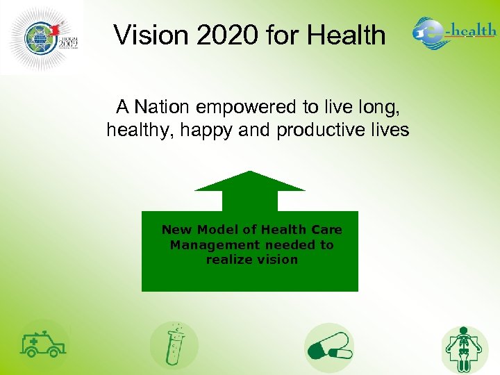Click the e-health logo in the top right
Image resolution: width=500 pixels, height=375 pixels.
(454, 32)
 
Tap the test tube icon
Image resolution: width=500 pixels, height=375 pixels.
(174, 344)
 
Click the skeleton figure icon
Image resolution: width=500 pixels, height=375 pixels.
(465, 347)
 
